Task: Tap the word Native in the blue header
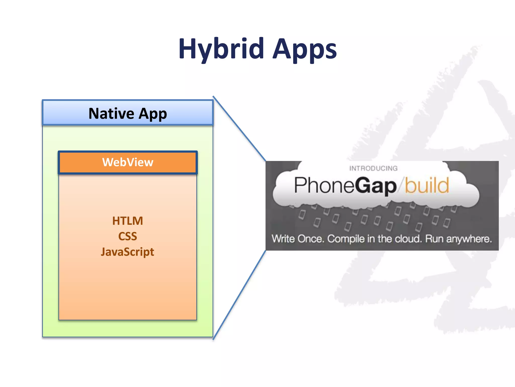pos(111,113)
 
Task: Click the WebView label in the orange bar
pos(128,162)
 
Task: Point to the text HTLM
pos(127,221)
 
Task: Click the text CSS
pos(127,236)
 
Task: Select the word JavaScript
pos(127,252)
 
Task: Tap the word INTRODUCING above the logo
pos(373,168)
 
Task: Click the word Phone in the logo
pos(324,185)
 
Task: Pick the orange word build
pos(427,185)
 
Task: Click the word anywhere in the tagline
pos(469,239)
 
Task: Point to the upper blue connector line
pos(239,128)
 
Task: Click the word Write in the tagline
pos(283,239)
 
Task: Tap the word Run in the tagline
pos(434,239)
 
